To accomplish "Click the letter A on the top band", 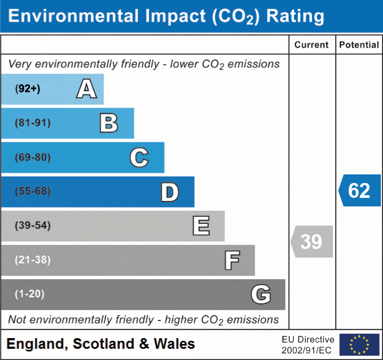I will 86,89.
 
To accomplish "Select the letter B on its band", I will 109,123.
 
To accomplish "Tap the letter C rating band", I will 139,157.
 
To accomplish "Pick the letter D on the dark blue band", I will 169,192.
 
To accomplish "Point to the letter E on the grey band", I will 201,226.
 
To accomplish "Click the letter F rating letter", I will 232,260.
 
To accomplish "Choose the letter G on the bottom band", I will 261,294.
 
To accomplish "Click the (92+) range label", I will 28,89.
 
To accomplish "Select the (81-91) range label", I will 33,123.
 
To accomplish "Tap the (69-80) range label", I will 33,157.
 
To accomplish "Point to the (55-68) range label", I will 33,191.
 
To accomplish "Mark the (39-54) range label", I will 33,226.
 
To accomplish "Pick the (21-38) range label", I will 33,260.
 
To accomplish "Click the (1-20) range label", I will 30,294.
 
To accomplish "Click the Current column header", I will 312,45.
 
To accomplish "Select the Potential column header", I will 359,45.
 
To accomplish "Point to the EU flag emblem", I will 359,345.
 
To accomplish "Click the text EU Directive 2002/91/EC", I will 308,345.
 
